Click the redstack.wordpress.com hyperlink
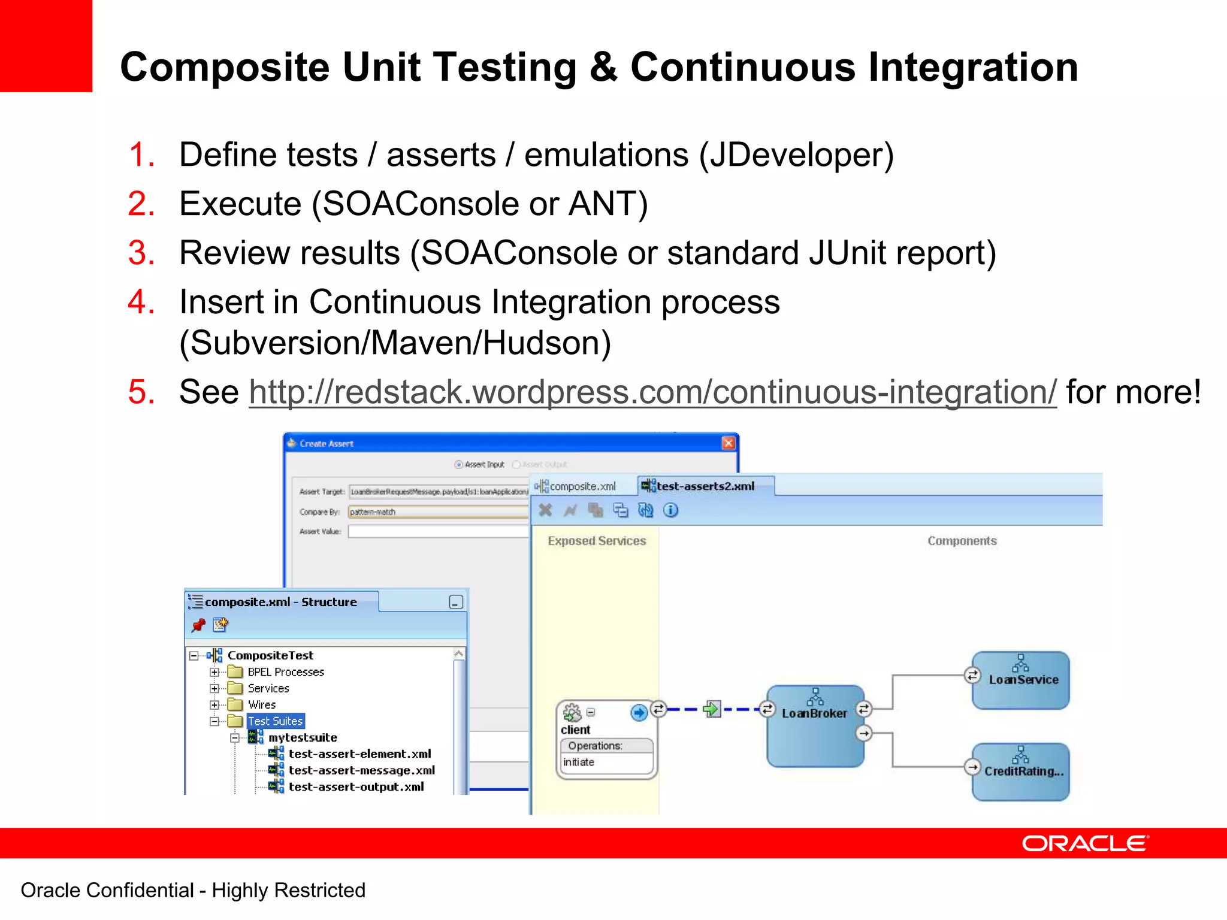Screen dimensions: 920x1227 tap(652, 392)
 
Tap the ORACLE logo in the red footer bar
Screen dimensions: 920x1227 tap(1085, 843)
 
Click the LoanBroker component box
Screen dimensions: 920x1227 tap(815, 725)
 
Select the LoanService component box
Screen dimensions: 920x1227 tap(1021, 680)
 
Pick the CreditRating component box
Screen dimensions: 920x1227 tap(1021, 771)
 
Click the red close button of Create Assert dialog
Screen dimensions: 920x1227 tap(728, 443)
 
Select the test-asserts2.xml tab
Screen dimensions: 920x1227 tap(705, 486)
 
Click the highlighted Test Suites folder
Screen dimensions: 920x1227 tap(276, 721)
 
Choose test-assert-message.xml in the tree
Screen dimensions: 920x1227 tap(361, 770)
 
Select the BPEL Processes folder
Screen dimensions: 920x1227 tap(285, 672)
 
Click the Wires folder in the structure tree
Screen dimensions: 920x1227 tap(262, 705)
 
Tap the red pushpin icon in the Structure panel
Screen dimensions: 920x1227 tap(198, 625)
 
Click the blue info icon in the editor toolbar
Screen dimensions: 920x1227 tap(671, 510)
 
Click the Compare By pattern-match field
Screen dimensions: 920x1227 tap(438, 512)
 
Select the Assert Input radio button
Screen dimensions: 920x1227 tap(459, 465)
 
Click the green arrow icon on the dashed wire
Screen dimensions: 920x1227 tap(712, 709)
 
